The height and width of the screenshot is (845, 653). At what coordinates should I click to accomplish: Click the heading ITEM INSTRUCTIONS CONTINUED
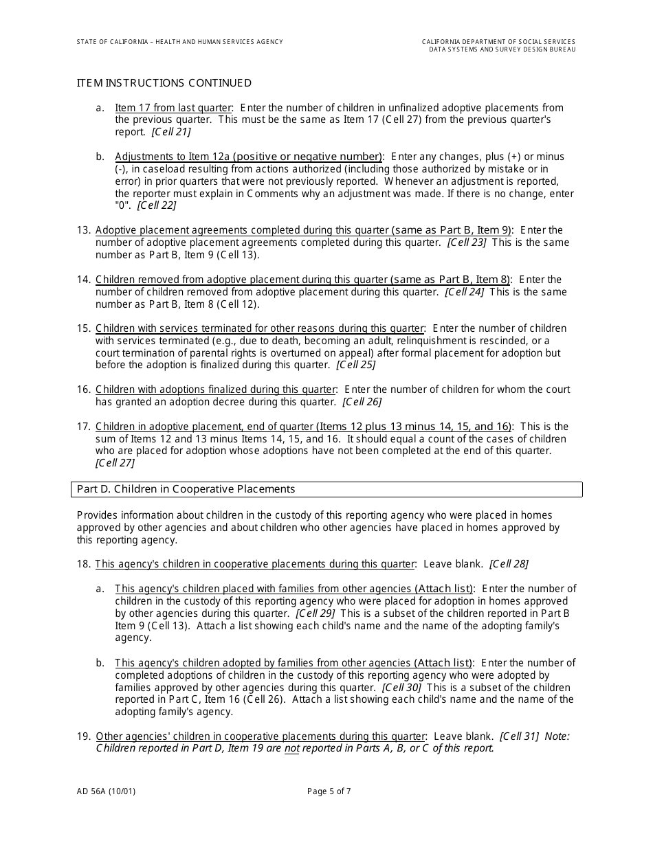(x=164, y=83)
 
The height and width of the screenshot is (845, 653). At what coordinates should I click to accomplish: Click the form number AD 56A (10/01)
(x=107, y=791)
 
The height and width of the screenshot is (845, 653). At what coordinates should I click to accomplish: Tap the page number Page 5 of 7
(x=329, y=791)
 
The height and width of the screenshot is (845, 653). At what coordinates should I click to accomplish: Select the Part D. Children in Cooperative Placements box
(x=326, y=489)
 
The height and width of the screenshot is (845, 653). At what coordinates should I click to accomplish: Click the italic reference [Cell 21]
(x=171, y=132)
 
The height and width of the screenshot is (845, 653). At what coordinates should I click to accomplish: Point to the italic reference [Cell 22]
(x=157, y=205)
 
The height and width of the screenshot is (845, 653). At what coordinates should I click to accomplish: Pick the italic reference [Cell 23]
(x=467, y=243)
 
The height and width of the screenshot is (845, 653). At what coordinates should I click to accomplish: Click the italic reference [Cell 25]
(x=356, y=365)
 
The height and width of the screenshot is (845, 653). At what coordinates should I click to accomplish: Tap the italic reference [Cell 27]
(x=115, y=463)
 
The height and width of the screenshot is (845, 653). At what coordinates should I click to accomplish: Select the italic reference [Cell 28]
(x=509, y=564)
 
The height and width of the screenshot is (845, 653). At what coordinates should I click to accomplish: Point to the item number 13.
(x=83, y=230)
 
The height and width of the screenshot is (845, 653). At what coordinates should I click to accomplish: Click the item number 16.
(x=83, y=390)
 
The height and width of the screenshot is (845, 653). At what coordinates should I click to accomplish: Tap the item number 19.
(x=83, y=736)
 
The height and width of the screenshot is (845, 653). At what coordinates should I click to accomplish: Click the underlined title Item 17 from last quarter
(x=174, y=108)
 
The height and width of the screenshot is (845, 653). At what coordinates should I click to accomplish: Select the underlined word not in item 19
(x=292, y=749)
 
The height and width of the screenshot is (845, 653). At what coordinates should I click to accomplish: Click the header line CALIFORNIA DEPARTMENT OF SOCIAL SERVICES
(x=498, y=42)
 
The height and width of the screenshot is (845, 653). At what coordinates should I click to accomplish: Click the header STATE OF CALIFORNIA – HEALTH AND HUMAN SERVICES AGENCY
(x=180, y=42)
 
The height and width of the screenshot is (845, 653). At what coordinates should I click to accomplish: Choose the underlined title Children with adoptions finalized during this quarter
(x=215, y=390)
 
